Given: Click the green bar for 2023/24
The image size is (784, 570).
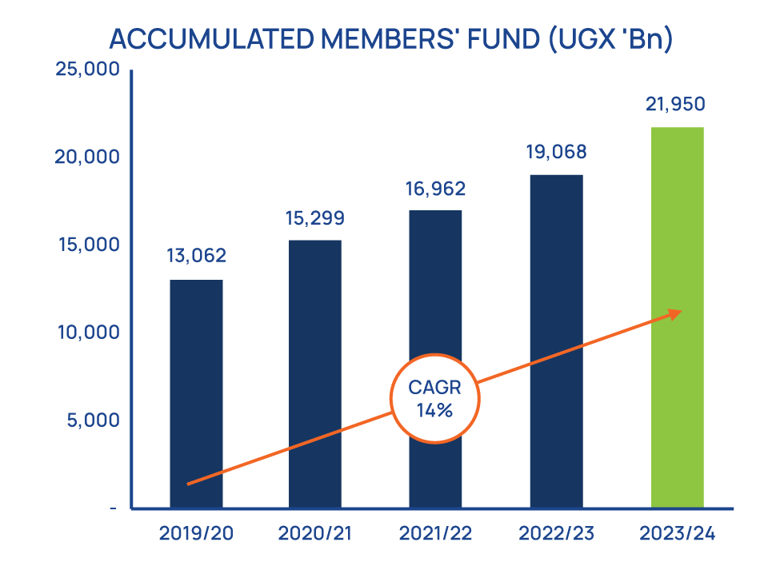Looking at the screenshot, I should click(x=678, y=317).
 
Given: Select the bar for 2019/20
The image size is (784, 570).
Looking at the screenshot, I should click(x=196, y=393).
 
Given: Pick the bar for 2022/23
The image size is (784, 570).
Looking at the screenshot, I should click(x=557, y=341).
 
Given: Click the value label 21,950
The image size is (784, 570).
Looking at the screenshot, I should click(x=678, y=104).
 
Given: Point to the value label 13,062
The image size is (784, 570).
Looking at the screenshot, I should click(x=197, y=256).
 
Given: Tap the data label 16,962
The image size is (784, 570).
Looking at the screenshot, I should click(x=435, y=189).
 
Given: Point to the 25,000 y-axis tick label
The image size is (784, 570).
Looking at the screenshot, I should click(x=88, y=70).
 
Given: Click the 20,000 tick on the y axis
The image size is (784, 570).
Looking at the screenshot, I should click(x=88, y=157).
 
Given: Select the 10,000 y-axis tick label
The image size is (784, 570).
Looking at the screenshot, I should click(x=88, y=333).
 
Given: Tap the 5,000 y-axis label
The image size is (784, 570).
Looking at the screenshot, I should click(x=93, y=420).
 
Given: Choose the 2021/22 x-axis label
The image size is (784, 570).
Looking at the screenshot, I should click(x=435, y=533).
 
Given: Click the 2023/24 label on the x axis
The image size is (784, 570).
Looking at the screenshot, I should click(x=678, y=533).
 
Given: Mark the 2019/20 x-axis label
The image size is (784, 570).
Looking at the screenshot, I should click(x=196, y=533).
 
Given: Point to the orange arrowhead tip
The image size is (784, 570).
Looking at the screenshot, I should click(x=682, y=312).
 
